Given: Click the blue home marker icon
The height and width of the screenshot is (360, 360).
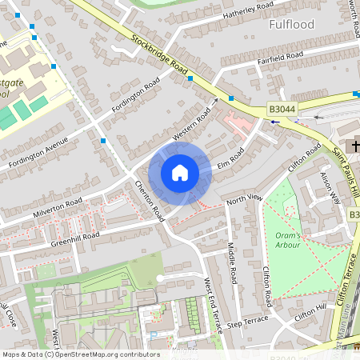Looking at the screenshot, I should (x=180, y=173).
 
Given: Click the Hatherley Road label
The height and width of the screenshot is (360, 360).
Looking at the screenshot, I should (x=249, y=10).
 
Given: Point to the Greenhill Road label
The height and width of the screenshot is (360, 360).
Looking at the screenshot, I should (x=74, y=237).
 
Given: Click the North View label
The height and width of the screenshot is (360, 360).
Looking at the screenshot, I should (x=244, y=197).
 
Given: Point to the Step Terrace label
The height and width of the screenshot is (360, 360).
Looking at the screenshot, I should (x=246, y=326).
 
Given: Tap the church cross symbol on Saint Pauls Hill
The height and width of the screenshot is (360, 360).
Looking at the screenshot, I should (x=354, y=146).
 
